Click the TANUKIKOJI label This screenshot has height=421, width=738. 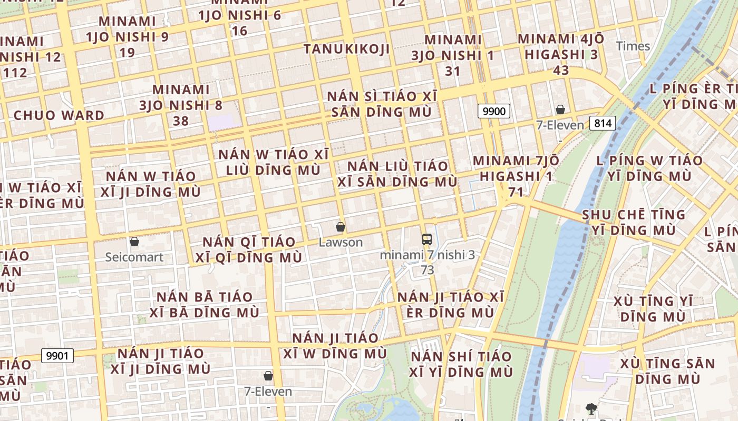click(x=347, y=49)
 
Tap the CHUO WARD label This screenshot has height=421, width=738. click(x=59, y=115)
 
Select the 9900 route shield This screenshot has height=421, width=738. click(x=494, y=111)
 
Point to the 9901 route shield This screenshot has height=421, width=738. click(x=57, y=356)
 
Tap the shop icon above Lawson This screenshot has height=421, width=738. click(x=341, y=227)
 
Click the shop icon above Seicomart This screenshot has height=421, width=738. click(x=134, y=242)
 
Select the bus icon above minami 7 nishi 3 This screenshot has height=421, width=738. click(x=427, y=239)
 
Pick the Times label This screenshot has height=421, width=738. click(x=633, y=46)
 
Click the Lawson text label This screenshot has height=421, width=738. click(x=341, y=243)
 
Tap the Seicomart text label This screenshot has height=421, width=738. click(x=134, y=257)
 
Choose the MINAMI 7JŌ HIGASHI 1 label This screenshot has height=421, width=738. click(x=513, y=176)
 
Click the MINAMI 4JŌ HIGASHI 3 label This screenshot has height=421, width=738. click(x=561, y=54)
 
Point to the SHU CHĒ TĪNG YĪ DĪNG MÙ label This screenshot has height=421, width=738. click(x=634, y=222)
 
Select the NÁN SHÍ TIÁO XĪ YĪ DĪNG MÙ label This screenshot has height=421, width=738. click(x=461, y=364)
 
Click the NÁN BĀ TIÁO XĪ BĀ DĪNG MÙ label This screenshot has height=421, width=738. click(x=205, y=304)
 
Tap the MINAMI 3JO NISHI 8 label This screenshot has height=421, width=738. click(x=181, y=105)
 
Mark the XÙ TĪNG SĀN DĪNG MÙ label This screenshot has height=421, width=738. click(x=667, y=371)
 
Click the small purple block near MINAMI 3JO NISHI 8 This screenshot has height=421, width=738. click(x=221, y=122)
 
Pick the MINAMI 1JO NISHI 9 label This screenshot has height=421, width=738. click(x=128, y=37)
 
